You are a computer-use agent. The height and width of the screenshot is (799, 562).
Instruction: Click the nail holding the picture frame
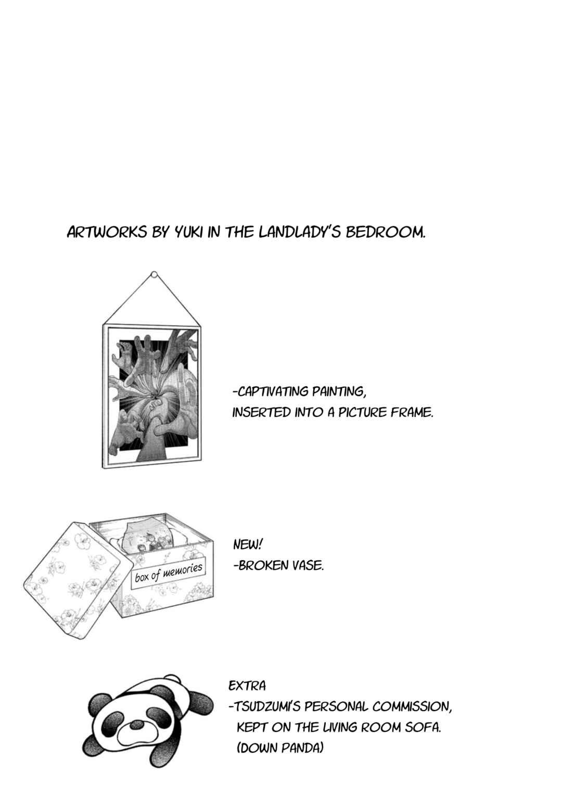pos(154,275)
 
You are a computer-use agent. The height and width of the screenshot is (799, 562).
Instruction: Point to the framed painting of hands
pos(152,396)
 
